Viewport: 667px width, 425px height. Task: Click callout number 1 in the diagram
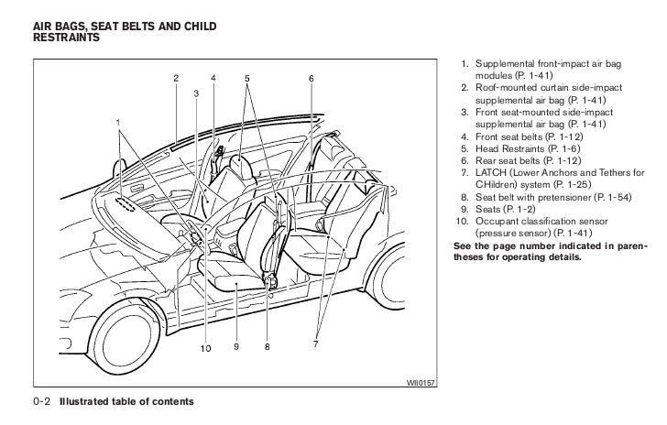117,122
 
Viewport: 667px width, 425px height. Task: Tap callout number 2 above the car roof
176,78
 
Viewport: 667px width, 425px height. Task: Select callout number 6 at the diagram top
311,78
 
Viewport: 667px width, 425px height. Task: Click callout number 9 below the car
236,347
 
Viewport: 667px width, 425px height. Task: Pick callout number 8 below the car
268,347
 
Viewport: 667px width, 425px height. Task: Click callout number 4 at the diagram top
213,78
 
